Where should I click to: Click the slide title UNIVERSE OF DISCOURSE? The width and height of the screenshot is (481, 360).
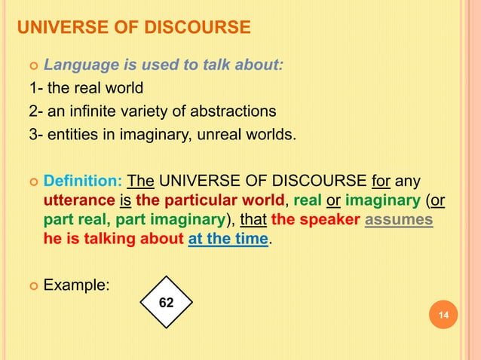coord(133,29)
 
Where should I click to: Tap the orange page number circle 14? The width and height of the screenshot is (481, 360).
coord(443,314)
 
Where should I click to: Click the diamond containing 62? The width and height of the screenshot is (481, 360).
coord(167,301)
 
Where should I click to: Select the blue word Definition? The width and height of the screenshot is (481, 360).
coord(83,182)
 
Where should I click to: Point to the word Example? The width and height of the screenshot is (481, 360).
coord(78,285)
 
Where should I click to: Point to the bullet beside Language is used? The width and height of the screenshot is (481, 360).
coord(32,66)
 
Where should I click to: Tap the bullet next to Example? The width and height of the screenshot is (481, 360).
coord(32,286)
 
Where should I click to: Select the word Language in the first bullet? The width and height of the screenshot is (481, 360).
coord(76,65)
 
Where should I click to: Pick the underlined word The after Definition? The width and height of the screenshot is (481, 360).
coord(141,182)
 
